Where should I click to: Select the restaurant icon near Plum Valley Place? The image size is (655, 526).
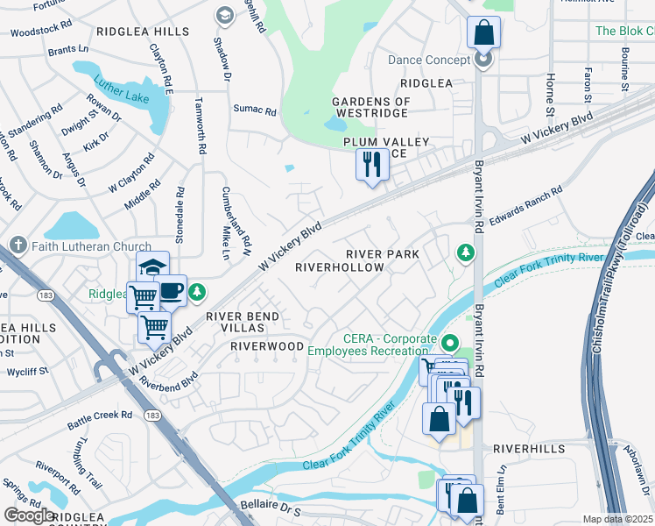[x=371, y=164]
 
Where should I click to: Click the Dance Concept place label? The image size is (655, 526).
[x=429, y=60]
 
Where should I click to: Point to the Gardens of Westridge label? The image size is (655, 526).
[x=371, y=108]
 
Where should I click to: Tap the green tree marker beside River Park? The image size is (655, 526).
[x=466, y=253]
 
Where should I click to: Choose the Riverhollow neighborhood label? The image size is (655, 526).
[x=340, y=267]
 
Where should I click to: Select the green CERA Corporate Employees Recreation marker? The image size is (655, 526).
[x=450, y=343]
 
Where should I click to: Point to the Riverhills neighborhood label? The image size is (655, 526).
[x=523, y=448]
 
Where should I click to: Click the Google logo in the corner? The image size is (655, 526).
[x=30, y=515]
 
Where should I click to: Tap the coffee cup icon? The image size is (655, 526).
[x=172, y=291]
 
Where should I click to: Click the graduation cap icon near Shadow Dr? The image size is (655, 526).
[x=225, y=15]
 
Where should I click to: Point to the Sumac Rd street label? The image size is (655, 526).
[x=254, y=111]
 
